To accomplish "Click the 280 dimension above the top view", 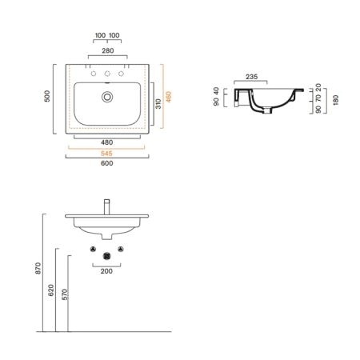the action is tap(108, 50).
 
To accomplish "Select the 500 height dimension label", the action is tap(47, 96).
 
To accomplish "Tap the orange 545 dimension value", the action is tap(106, 154).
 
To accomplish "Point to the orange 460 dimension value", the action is tap(169, 97).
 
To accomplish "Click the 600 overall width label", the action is tap(107, 163).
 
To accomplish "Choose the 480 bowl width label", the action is tap(107, 142).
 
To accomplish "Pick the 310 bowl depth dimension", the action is tap(158, 104).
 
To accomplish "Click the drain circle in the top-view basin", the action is tap(107, 97).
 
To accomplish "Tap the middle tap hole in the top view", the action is tap(107, 74).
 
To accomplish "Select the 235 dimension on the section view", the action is tap(251, 77).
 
